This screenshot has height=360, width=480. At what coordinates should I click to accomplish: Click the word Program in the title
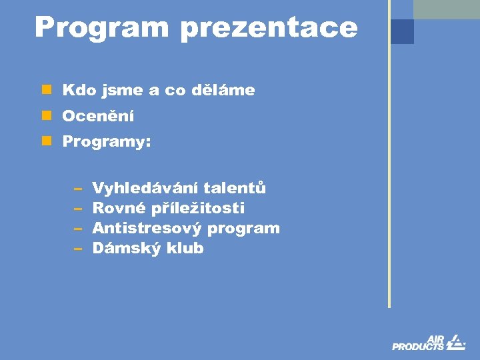(101, 28)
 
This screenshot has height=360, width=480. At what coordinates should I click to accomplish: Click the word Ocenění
(98, 117)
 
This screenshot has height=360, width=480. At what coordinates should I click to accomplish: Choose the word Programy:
(107, 143)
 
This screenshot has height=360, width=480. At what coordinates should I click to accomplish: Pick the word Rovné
(119, 208)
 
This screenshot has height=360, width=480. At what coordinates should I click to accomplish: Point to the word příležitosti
(198, 209)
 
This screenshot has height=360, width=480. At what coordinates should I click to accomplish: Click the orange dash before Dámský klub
(77, 249)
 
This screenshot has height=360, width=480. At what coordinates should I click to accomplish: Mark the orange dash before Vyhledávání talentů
(77, 189)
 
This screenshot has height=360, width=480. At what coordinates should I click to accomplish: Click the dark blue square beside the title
(402, 31)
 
